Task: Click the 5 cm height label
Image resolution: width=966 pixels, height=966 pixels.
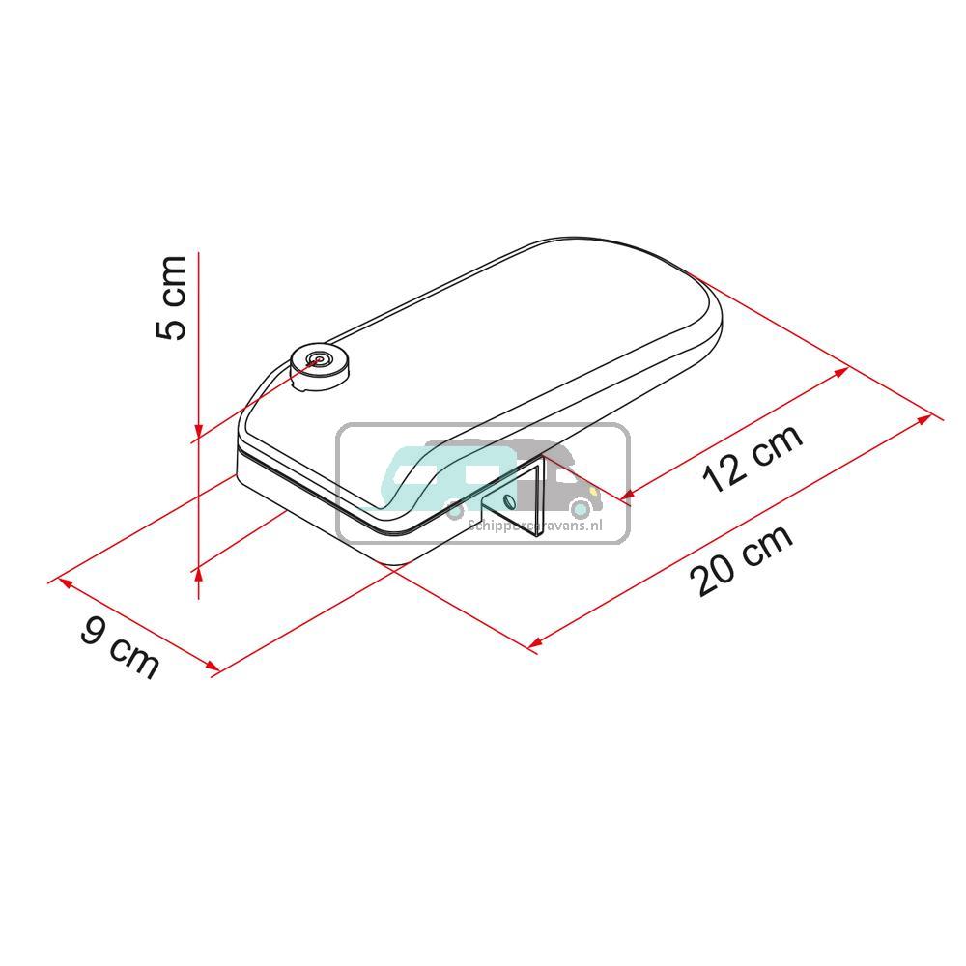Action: (x=171, y=297)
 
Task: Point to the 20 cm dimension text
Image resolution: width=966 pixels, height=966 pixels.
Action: (x=742, y=559)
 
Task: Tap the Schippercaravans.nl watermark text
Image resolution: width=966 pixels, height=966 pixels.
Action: (x=533, y=525)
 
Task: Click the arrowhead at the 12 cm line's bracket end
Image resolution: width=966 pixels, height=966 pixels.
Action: (x=626, y=497)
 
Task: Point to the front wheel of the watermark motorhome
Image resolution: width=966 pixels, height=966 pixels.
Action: (x=580, y=508)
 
